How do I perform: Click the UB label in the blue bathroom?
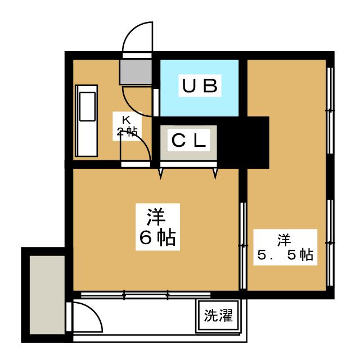[x=200, y=85]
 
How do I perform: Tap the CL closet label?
[x=188, y=140]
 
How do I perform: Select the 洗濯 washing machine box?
[x=218, y=316]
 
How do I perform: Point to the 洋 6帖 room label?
[x=157, y=227]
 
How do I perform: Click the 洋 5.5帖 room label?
[x=285, y=247]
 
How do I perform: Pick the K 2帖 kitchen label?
[x=127, y=126]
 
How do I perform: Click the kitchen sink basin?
[x=87, y=106]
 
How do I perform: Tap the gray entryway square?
[x=136, y=72]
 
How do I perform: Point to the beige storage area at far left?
[x=47, y=295]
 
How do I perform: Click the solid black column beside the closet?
[x=243, y=142]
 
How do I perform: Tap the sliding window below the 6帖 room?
[x=146, y=295]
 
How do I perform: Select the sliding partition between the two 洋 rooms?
[x=243, y=245]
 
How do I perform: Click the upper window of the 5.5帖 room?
[x=330, y=110]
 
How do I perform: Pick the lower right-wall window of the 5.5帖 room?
[x=330, y=242]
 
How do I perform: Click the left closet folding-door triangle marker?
[x=161, y=173]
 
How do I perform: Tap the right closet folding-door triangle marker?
[x=215, y=173]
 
